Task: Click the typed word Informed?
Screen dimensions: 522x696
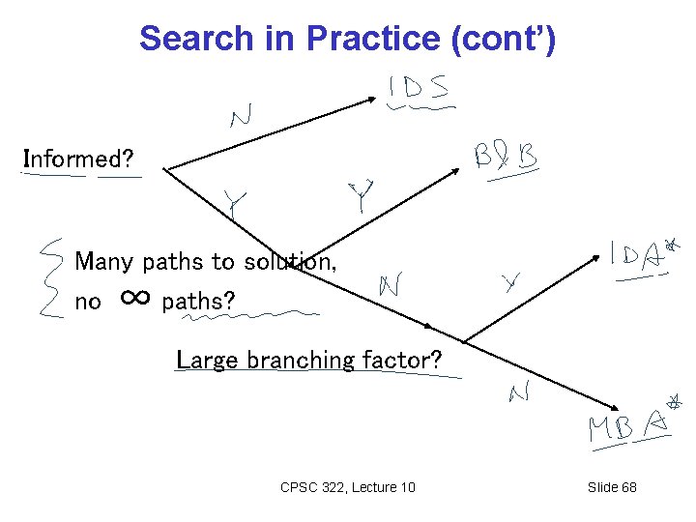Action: [78, 158]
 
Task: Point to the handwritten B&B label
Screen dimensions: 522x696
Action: [506, 158]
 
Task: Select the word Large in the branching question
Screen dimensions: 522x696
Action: [208, 360]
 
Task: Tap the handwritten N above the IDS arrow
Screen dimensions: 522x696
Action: [243, 118]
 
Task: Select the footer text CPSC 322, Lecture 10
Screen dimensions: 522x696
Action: [347, 487]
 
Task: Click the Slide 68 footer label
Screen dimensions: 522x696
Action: [612, 487]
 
